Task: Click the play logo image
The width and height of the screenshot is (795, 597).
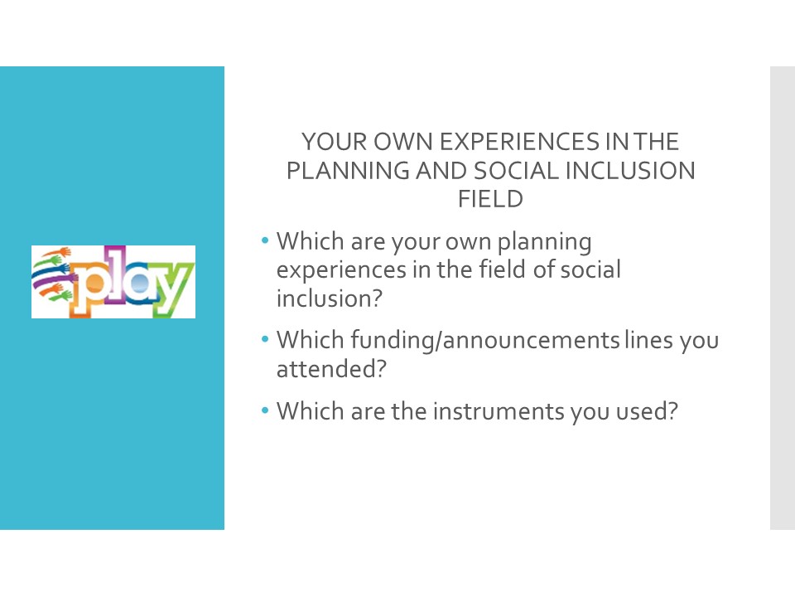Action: click(x=113, y=282)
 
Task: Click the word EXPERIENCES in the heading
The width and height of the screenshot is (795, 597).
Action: click(x=520, y=142)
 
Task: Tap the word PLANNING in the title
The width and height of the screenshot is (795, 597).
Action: click(x=349, y=171)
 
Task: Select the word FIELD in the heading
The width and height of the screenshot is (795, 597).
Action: click(x=490, y=199)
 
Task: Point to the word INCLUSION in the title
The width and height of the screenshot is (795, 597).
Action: click(x=629, y=171)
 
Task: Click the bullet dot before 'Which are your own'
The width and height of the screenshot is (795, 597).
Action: click(x=265, y=240)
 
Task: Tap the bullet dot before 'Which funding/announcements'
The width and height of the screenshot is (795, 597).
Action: click(x=265, y=339)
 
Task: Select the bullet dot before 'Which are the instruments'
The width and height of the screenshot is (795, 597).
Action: click(x=265, y=410)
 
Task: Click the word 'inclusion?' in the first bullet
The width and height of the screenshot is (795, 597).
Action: click(x=329, y=298)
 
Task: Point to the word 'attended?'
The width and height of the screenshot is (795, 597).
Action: click(x=331, y=368)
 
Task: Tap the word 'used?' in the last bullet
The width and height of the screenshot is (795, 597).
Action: click(x=647, y=411)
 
